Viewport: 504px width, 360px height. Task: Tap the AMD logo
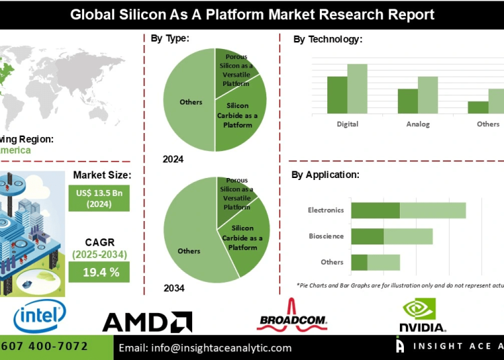point(147,322)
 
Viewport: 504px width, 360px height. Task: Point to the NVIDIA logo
point(422,316)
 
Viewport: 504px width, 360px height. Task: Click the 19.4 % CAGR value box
point(99,271)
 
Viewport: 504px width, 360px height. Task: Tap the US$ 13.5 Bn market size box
point(99,197)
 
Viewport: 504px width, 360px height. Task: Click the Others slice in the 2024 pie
point(190,101)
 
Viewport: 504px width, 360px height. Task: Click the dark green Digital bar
point(337,95)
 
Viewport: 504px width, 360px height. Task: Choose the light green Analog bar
point(427,95)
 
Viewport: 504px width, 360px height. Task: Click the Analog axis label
point(417,124)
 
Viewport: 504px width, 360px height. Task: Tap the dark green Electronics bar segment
point(375,210)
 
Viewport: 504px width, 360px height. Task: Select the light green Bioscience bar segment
point(408,236)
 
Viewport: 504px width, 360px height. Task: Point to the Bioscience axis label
point(326,236)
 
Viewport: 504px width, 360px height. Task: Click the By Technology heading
point(327,40)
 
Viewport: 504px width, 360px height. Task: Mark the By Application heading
point(325,175)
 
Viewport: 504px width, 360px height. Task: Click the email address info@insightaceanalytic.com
point(205,348)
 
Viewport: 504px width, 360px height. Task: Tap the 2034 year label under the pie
point(173,288)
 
